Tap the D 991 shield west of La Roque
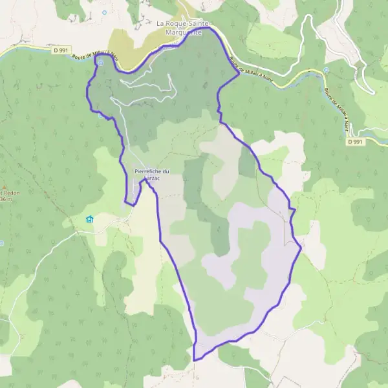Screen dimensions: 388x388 point(61,48)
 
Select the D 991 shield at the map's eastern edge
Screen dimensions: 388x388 point(354,142)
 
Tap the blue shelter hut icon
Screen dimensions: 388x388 point(89,219)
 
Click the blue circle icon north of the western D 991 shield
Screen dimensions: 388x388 point(103,12)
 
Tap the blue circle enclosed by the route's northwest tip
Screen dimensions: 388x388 point(100,63)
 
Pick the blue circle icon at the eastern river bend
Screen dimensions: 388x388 point(327,70)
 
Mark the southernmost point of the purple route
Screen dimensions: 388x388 point(194,360)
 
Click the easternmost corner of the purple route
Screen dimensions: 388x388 point(301,248)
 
